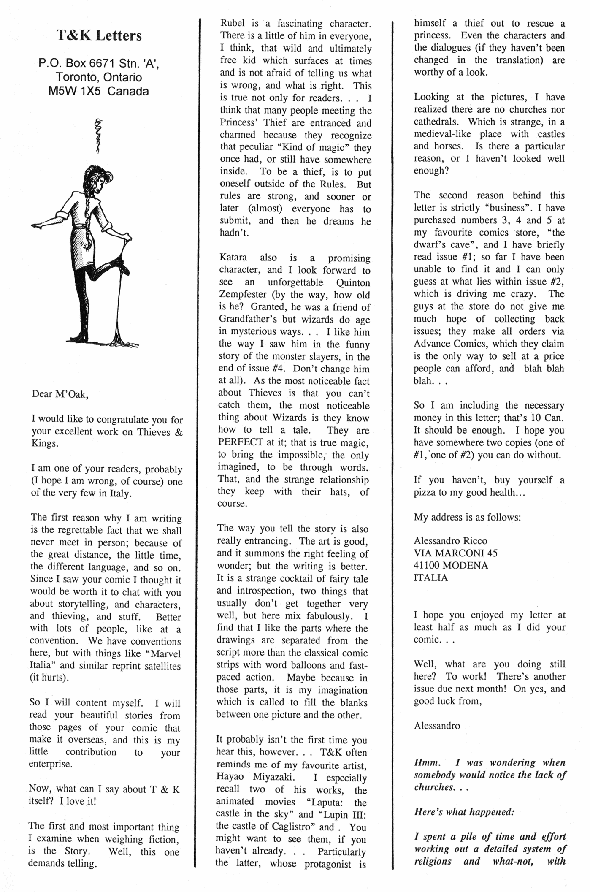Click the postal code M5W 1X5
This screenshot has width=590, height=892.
[75, 91]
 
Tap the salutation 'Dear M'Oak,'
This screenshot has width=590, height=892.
[60, 394]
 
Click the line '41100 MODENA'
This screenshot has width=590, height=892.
[450, 565]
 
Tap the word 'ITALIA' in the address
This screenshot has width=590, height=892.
[430, 577]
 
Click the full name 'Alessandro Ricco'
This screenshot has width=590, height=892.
[450, 541]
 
